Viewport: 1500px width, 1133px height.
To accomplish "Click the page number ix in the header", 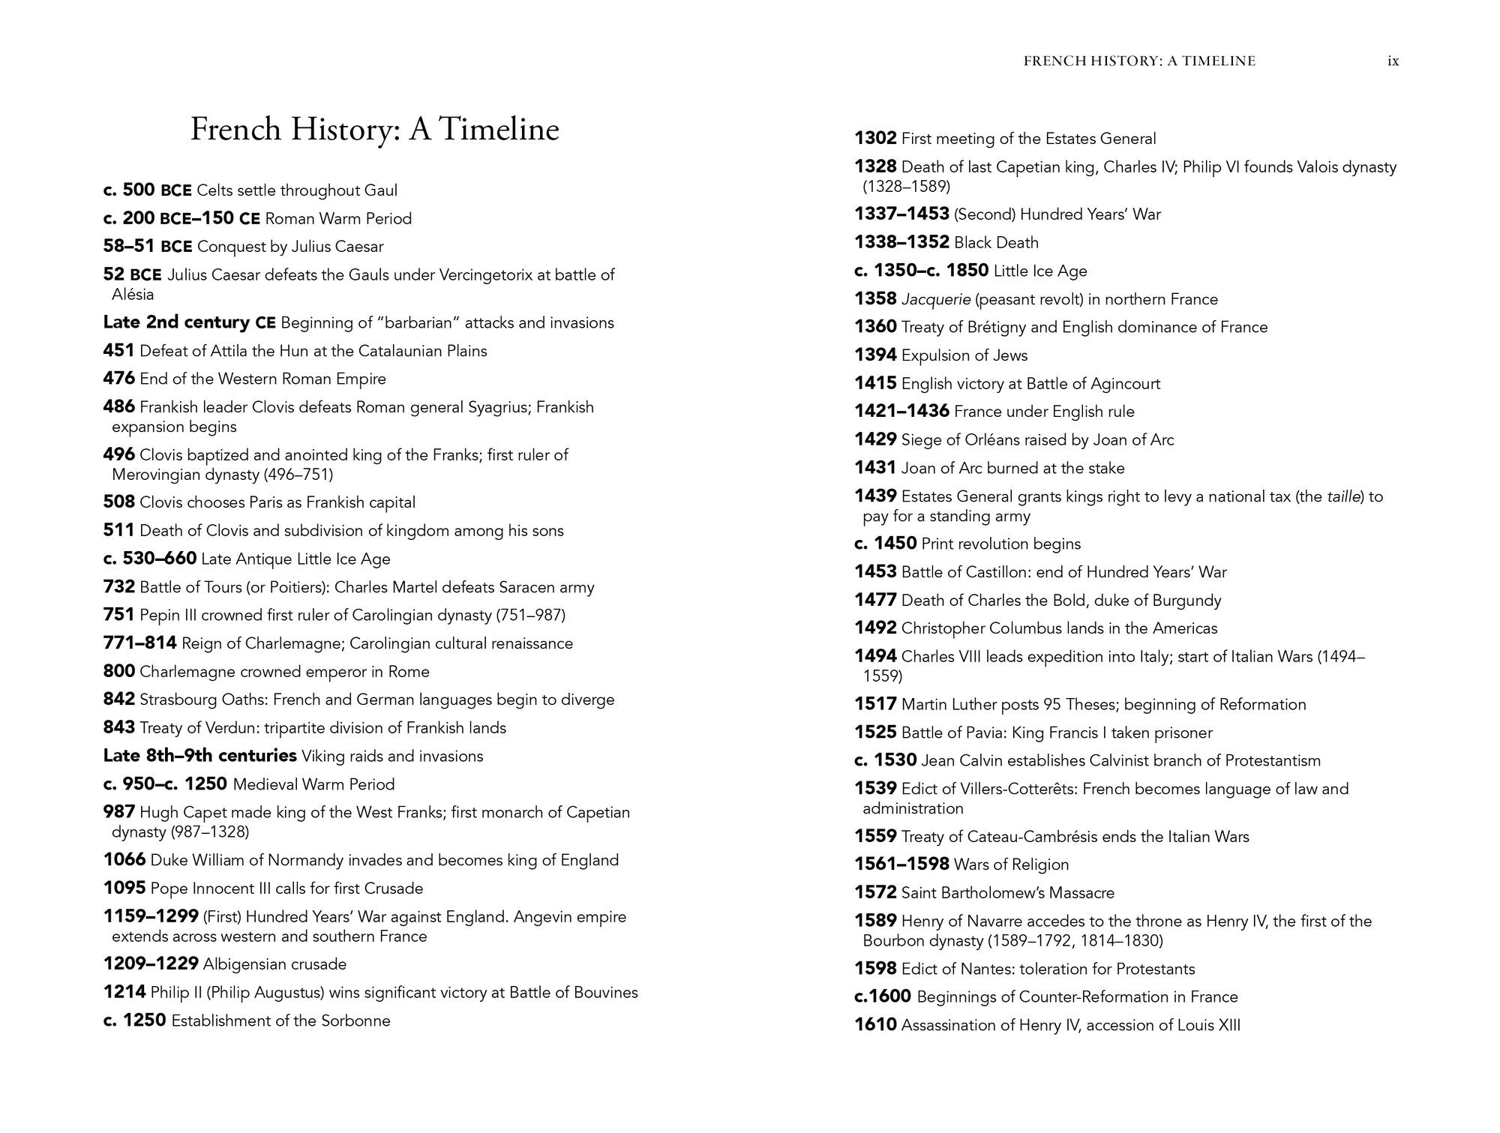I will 1393,61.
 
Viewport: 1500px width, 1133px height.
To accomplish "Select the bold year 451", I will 118,351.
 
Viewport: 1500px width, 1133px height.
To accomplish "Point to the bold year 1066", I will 124,860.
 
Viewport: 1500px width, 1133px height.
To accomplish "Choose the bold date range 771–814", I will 139,643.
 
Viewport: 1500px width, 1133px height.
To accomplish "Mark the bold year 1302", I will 875,139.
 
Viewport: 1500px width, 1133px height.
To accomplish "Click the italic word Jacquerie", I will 936,299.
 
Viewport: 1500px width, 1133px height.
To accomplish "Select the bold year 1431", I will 875,468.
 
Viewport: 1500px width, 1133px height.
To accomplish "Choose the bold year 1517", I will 875,704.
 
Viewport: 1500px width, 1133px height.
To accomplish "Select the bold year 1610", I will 875,1025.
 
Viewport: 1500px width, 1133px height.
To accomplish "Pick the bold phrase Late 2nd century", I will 176,322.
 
